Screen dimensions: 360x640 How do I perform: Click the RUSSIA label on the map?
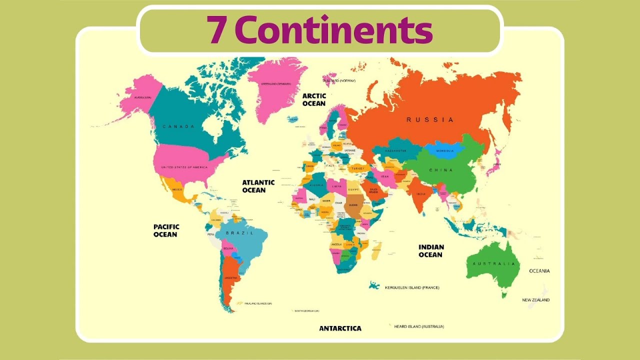point(430,120)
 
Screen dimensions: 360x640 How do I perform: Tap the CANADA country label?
point(178,126)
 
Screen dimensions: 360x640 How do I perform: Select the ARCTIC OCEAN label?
point(314,99)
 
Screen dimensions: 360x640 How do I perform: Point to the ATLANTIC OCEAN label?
point(258,186)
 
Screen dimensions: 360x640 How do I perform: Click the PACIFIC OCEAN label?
point(165,230)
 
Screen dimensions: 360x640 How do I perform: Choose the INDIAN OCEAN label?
point(431,250)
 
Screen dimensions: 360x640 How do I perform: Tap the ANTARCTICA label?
point(340,328)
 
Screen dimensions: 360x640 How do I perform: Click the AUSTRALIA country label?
point(493,263)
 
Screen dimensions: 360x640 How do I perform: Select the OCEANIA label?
point(539,271)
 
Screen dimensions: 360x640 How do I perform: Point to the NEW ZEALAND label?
point(536,300)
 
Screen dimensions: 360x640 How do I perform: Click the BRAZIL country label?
point(237,233)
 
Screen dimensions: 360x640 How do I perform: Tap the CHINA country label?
point(440,170)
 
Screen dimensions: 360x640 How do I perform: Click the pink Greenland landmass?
point(274,90)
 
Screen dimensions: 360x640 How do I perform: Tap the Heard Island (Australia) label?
point(418,326)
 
